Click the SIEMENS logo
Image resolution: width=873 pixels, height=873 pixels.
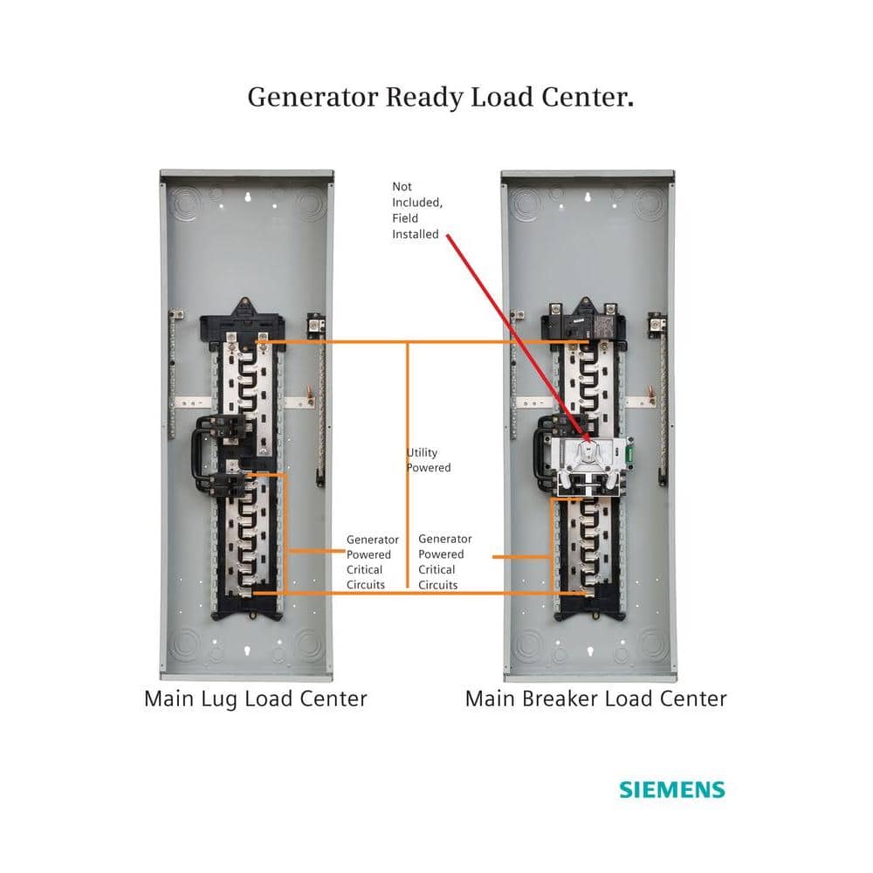pyautogui.click(x=671, y=790)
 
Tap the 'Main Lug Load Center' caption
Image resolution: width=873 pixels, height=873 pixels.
pyautogui.click(x=255, y=698)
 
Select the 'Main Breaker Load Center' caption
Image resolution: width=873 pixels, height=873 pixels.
pyautogui.click(x=595, y=698)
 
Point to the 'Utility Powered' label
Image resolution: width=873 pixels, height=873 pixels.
pyautogui.click(x=429, y=460)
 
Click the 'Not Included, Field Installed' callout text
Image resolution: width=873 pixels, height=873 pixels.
pyautogui.click(x=416, y=210)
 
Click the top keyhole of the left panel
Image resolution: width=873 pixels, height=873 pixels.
pyautogui.click(x=247, y=197)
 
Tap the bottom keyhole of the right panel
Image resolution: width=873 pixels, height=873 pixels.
pyautogui.click(x=589, y=651)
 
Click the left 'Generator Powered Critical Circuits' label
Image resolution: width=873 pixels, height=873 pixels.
pyautogui.click(x=372, y=562)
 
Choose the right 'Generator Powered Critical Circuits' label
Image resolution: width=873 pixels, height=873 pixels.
pyautogui.click(x=444, y=562)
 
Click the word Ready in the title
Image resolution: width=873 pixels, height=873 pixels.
pyautogui.click(x=425, y=97)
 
